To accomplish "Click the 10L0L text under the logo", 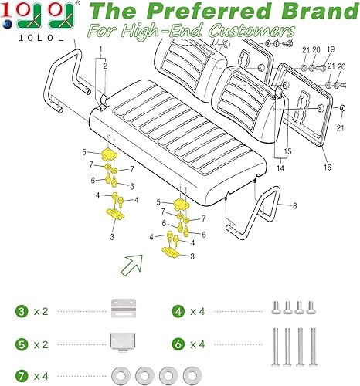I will [30, 38].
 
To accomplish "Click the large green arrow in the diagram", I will [129, 266].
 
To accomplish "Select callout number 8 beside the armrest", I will [294, 205].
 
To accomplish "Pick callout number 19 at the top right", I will [331, 71].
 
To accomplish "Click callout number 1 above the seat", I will [98, 49].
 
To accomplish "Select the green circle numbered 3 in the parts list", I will [23, 312].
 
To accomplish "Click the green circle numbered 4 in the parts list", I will [178, 312].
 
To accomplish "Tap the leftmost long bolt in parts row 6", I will [277, 345].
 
